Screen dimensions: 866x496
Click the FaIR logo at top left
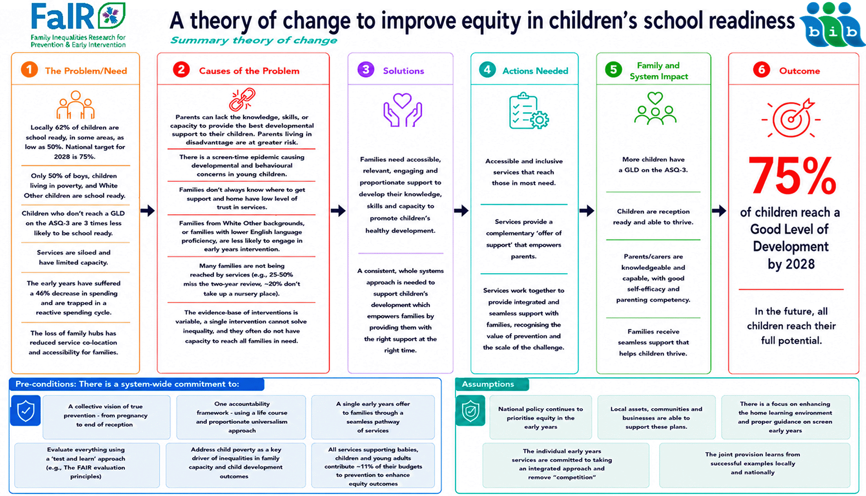click(78, 25)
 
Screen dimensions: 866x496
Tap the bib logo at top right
click(831, 25)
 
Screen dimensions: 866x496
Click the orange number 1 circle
click(29, 70)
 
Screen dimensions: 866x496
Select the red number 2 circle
click(181, 70)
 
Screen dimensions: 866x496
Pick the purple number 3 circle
click(366, 70)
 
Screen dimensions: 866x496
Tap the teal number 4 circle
click(487, 70)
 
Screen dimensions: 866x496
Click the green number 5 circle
click(613, 70)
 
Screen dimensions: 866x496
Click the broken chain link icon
click(242, 100)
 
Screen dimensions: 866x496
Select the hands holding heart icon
click(402, 110)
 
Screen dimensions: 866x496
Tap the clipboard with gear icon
click(529, 111)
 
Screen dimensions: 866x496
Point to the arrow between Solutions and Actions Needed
click(461, 211)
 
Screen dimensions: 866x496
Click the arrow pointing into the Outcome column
click(719, 211)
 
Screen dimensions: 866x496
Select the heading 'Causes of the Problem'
click(249, 71)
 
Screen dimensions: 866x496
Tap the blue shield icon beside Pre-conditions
click(25, 410)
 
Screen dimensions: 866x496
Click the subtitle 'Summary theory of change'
click(254, 40)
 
